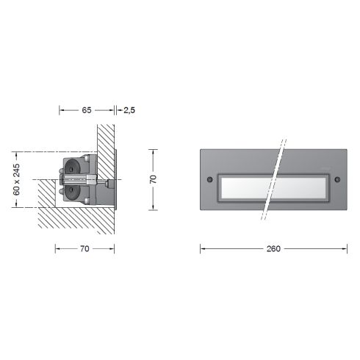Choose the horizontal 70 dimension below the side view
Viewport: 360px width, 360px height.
tap(84, 248)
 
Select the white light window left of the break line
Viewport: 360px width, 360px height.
tap(242, 187)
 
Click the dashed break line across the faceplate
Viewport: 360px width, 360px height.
tap(273, 180)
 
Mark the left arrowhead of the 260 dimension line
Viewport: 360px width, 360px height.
tap(202, 248)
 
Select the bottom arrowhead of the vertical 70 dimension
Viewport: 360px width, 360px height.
tap(153, 208)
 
